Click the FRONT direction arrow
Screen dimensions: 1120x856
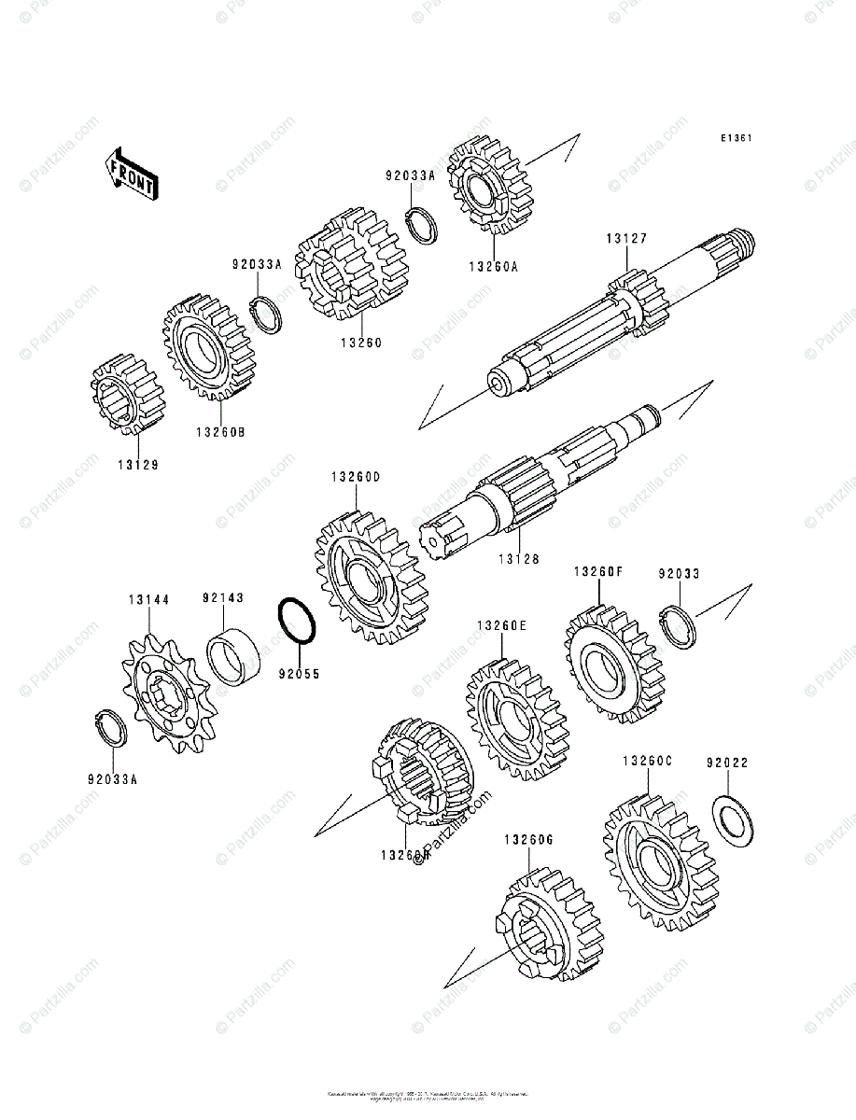pos(131,174)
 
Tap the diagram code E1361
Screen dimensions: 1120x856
pos(736,138)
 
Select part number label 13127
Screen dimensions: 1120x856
pos(625,239)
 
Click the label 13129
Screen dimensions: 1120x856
pos(137,464)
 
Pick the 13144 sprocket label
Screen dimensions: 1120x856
pos(149,599)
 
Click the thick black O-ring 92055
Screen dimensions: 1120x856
pos(297,621)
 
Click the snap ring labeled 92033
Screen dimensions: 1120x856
pos(678,627)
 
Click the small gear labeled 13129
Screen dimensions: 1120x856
pos(127,393)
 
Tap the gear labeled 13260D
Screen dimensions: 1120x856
pos(371,581)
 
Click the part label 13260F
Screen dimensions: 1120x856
pos(597,572)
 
